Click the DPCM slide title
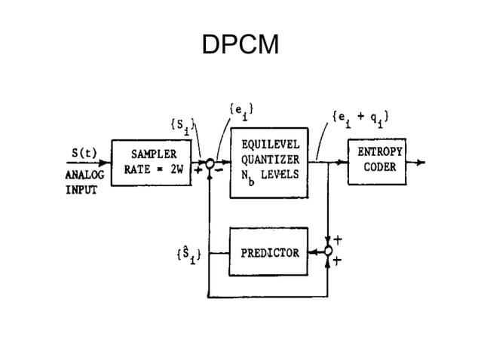(240, 46)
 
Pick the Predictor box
(269, 252)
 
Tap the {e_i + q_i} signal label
(360, 117)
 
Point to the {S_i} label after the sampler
(181, 124)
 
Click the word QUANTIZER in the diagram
(270, 159)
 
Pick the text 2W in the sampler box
(176, 169)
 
